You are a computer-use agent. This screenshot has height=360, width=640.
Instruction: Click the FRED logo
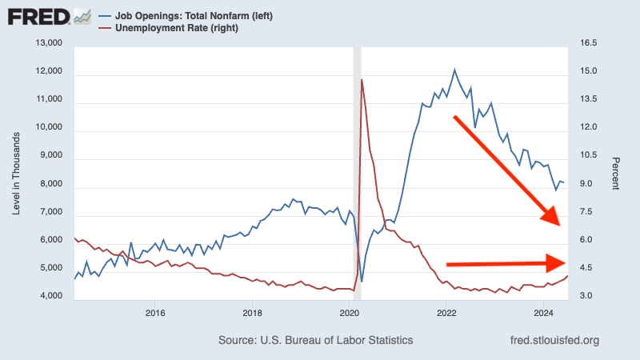click(x=48, y=17)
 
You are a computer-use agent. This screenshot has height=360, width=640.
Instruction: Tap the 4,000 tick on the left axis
click(x=50, y=296)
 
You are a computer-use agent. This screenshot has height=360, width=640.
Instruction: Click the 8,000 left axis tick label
click(x=50, y=183)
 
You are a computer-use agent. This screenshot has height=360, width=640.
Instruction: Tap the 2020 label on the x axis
click(x=350, y=312)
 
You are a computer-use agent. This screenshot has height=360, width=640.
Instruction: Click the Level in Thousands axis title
click(x=17, y=169)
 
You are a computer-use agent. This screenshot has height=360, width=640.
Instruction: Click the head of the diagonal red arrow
click(x=554, y=218)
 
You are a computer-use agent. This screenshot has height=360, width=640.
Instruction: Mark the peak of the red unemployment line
click(x=362, y=79)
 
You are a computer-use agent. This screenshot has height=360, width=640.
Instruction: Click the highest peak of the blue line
click(x=454, y=70)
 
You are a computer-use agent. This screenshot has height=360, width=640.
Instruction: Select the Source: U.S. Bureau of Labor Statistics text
click(x=315, y=340)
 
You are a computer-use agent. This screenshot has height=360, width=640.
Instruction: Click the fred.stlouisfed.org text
click(x=554, y=340)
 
